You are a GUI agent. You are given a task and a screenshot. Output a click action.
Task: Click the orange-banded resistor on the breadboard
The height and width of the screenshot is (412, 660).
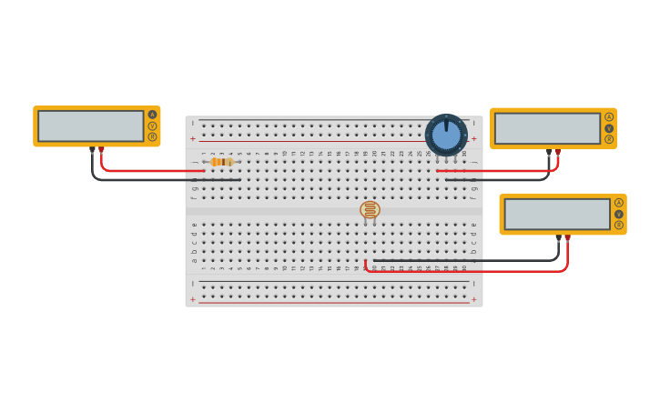tap(222, 162)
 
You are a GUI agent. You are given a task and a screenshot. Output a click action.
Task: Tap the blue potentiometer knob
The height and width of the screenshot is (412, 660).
tap(446, 135)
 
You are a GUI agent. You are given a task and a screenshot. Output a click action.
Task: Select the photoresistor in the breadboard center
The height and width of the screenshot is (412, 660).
tap(370, 210)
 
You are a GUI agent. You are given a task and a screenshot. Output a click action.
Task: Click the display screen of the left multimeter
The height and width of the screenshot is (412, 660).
tap(90, 126)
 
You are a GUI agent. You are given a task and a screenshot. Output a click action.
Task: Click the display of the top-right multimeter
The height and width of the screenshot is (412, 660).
tap(546, 128)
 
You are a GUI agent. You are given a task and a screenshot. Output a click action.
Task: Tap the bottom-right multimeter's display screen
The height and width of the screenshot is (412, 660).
tap(556, 214)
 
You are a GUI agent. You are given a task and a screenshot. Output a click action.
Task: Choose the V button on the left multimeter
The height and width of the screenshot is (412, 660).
tap(152, 126)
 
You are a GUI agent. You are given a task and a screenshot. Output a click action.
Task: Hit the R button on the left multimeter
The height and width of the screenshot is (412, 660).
tap(152, 137)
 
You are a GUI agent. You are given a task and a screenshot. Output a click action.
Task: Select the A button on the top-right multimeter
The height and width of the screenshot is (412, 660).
tap(609, 116)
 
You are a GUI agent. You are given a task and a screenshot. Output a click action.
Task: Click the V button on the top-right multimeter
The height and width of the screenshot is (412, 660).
tap(609, 128)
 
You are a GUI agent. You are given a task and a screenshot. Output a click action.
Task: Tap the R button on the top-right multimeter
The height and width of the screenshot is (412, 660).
tap(609, 139)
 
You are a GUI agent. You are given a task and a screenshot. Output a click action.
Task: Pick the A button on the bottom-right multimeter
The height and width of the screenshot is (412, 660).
tap(619, 202)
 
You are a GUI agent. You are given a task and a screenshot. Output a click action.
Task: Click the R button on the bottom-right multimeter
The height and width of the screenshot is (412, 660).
tap(619, 225)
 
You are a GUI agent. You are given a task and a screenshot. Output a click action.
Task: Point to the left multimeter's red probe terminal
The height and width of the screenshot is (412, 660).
tap(101, 149)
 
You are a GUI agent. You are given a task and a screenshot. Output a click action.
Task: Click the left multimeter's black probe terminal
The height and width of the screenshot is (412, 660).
tap(92, 149)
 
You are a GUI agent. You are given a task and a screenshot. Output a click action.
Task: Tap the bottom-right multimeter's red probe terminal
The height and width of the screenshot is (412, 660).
tap(567, 237)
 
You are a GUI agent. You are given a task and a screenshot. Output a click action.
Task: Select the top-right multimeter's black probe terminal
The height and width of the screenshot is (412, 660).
tap(549, 152)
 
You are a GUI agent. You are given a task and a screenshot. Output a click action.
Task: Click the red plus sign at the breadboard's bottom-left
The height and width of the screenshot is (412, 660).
tap(192, 299)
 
